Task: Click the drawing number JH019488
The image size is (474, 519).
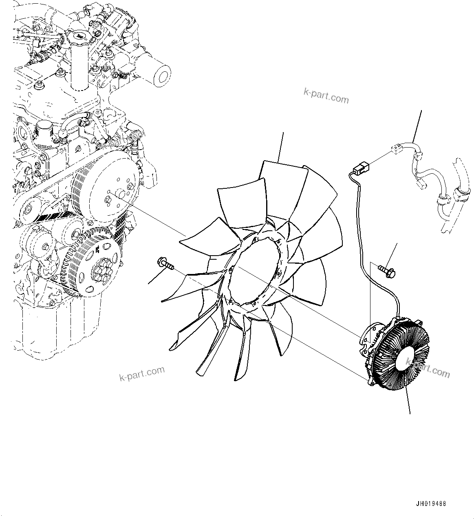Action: (x=431, y=504)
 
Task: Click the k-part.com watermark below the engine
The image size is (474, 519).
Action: (x=142, y=373)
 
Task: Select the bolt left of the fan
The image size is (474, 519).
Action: (x=165, y=264)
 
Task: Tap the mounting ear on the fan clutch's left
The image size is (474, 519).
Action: (x=364, y=334)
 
